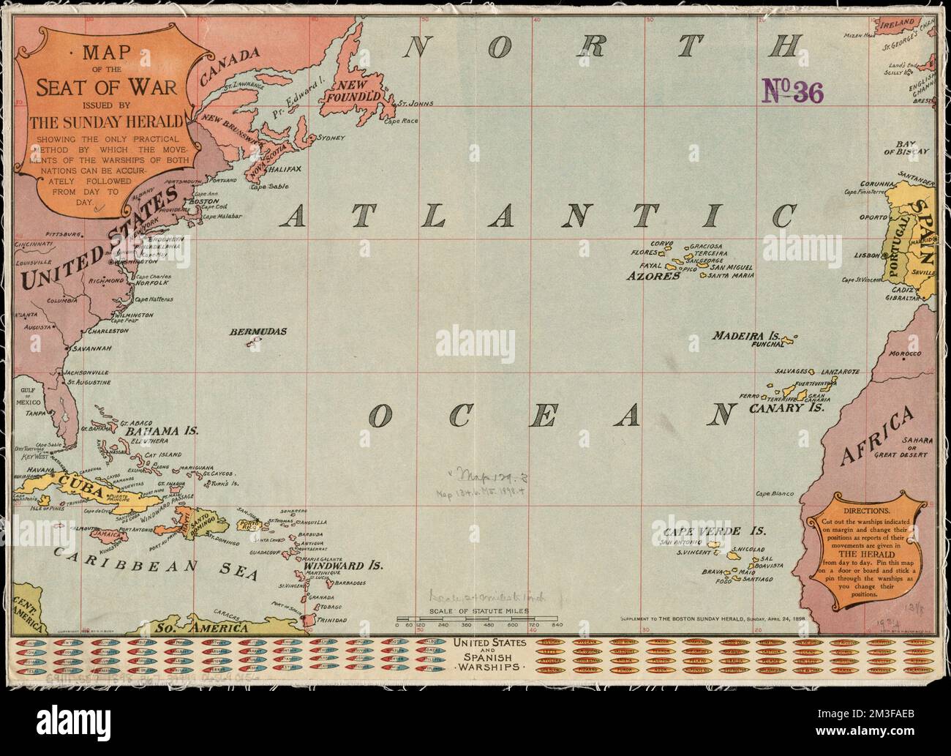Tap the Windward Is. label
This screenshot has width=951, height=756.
[344, 566]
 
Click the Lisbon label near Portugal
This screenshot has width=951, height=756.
[866, 255]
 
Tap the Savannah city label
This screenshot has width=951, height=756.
[90, 348]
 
